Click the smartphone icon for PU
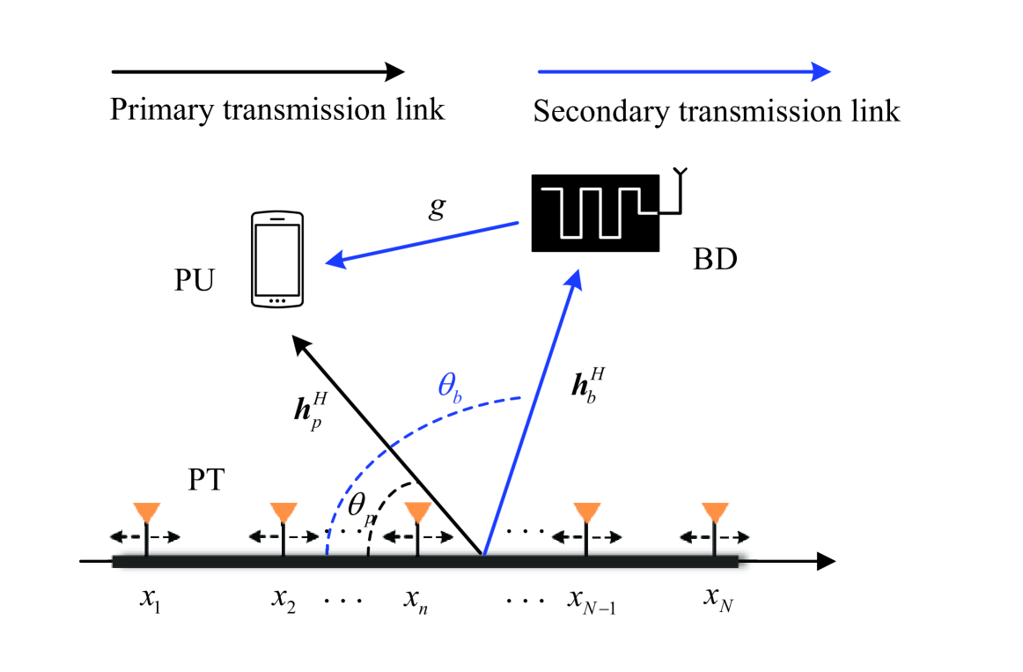tap(277, 259)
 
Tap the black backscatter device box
tap(596, 212)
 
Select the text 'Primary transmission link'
tap(276, 111)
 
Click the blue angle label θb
tap(450, 389)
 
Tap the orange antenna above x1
tap(146, 513)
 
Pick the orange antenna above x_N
tap(715, 513)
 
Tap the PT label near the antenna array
tap(208, 480)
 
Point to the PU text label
tap(194, 284)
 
